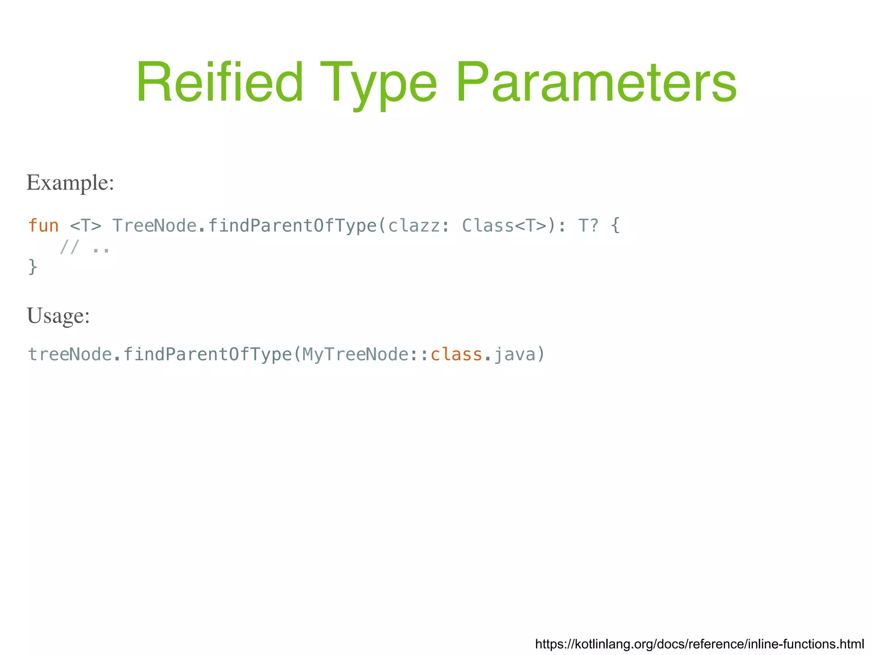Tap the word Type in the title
pyautogui.click(x=378, y=83)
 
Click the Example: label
pyautogui.click(x=70, y=183)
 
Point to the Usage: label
pyautogui.click(x=58, y=316)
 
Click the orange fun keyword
pyautogui.click(x=43, y=225)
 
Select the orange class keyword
pyautogui.click(x=456, y=354)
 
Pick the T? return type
pyautogui.click(x=588, y=225)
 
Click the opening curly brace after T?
pyautogui.click(x=615, y=225)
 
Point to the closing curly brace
pyautogui.click(x=33, y=267)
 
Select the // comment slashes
pyautogui.click(x=69, y=247)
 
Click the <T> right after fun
pyautogui.click(x=86, y=225)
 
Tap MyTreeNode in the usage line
pyautogui.click(x=356, y=354)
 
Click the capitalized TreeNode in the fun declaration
pyautogui.click(x=154, y=225)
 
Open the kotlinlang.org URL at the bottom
pyautogui.click(x=699, y=643)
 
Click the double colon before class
pyautogui.click(x=419, y=354)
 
